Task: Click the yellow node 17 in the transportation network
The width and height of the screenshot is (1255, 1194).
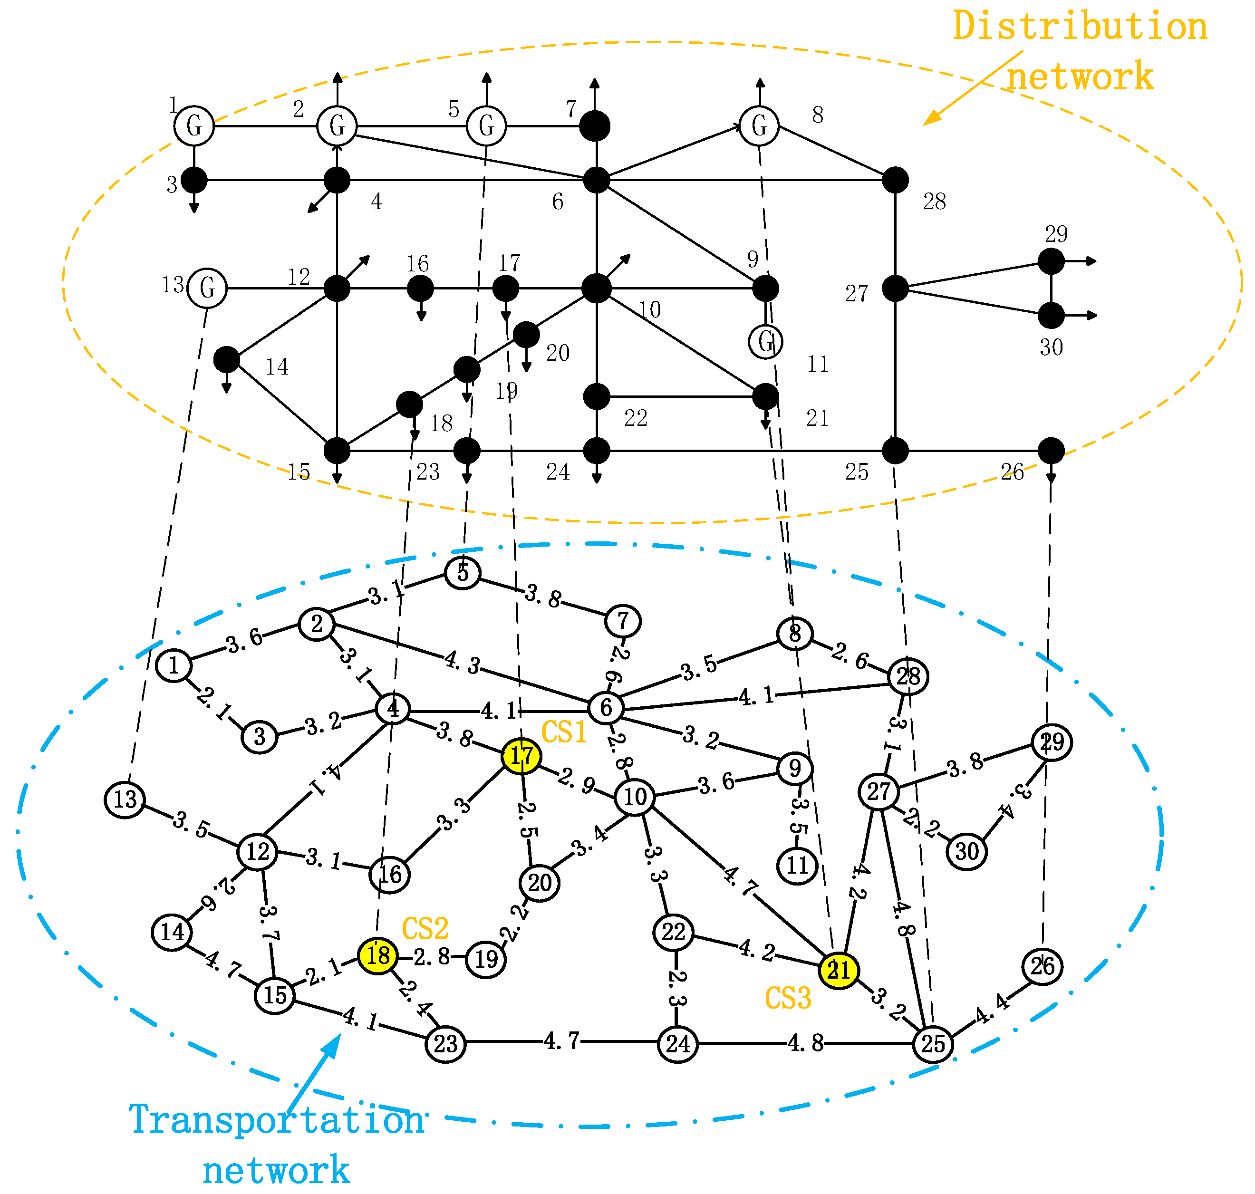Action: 522,756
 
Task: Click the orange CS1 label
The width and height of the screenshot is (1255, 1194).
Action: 563,732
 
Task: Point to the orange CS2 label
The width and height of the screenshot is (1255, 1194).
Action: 425,929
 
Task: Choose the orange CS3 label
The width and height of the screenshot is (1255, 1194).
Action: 788,998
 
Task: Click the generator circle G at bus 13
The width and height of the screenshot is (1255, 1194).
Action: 207,289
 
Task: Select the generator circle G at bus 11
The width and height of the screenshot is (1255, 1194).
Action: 766,342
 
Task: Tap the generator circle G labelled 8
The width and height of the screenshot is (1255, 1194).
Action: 759,126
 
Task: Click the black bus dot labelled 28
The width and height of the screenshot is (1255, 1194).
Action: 896,180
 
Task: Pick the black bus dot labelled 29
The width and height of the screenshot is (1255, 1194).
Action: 1052,261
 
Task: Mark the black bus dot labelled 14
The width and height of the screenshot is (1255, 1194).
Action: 227,360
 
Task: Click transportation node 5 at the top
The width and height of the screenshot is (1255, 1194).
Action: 463,572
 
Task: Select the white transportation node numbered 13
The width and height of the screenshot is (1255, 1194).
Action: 125,799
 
